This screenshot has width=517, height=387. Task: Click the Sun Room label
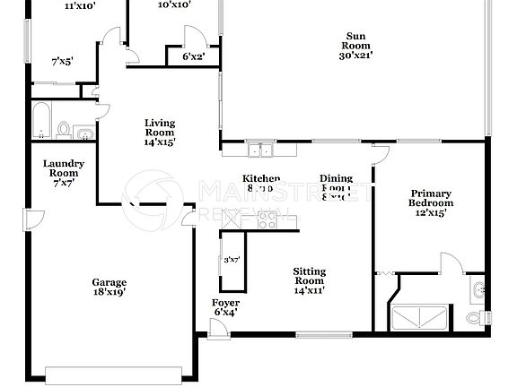coord(355,46)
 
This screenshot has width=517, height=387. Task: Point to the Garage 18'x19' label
coord(108,286)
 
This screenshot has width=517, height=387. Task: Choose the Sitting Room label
coord(310,280)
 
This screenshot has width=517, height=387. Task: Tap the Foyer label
coord(224,307)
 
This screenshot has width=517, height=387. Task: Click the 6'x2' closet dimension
coord(194,56)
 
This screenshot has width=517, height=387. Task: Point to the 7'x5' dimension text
coord(62,62)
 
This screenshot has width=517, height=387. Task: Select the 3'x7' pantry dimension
coord(231,260)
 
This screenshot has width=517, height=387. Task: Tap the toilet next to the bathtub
coord(65,131)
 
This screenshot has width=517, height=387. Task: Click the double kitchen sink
coord(261,150)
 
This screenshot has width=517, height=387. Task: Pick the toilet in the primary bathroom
coord(476,318)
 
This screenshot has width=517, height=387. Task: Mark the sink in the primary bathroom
coord(479,289)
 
